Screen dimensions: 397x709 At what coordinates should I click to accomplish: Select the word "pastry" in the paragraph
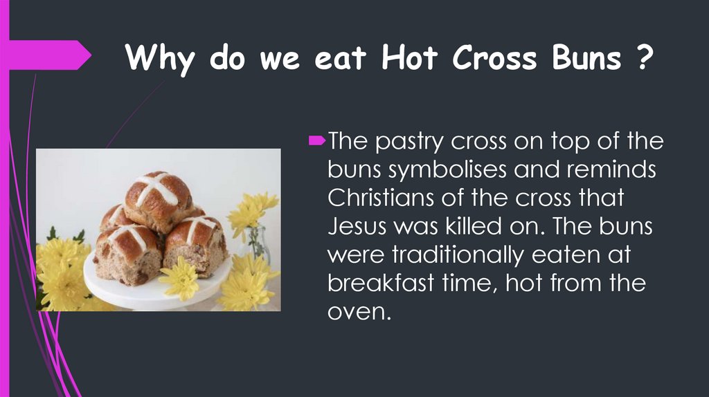click(x=410, y=142)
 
